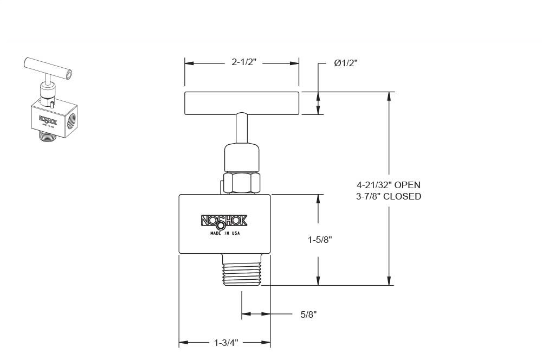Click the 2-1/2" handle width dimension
point(243,63)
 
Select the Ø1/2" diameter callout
point(346,63)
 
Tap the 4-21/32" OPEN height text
point(388,185)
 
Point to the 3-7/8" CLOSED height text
point(388,196)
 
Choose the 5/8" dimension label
point(308,314)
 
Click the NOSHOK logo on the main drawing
point(224,221)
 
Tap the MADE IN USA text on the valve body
point(224,233)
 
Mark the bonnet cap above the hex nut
point(241,157)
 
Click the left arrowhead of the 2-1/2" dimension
point(189,63)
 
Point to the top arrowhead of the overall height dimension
point(388,96)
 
